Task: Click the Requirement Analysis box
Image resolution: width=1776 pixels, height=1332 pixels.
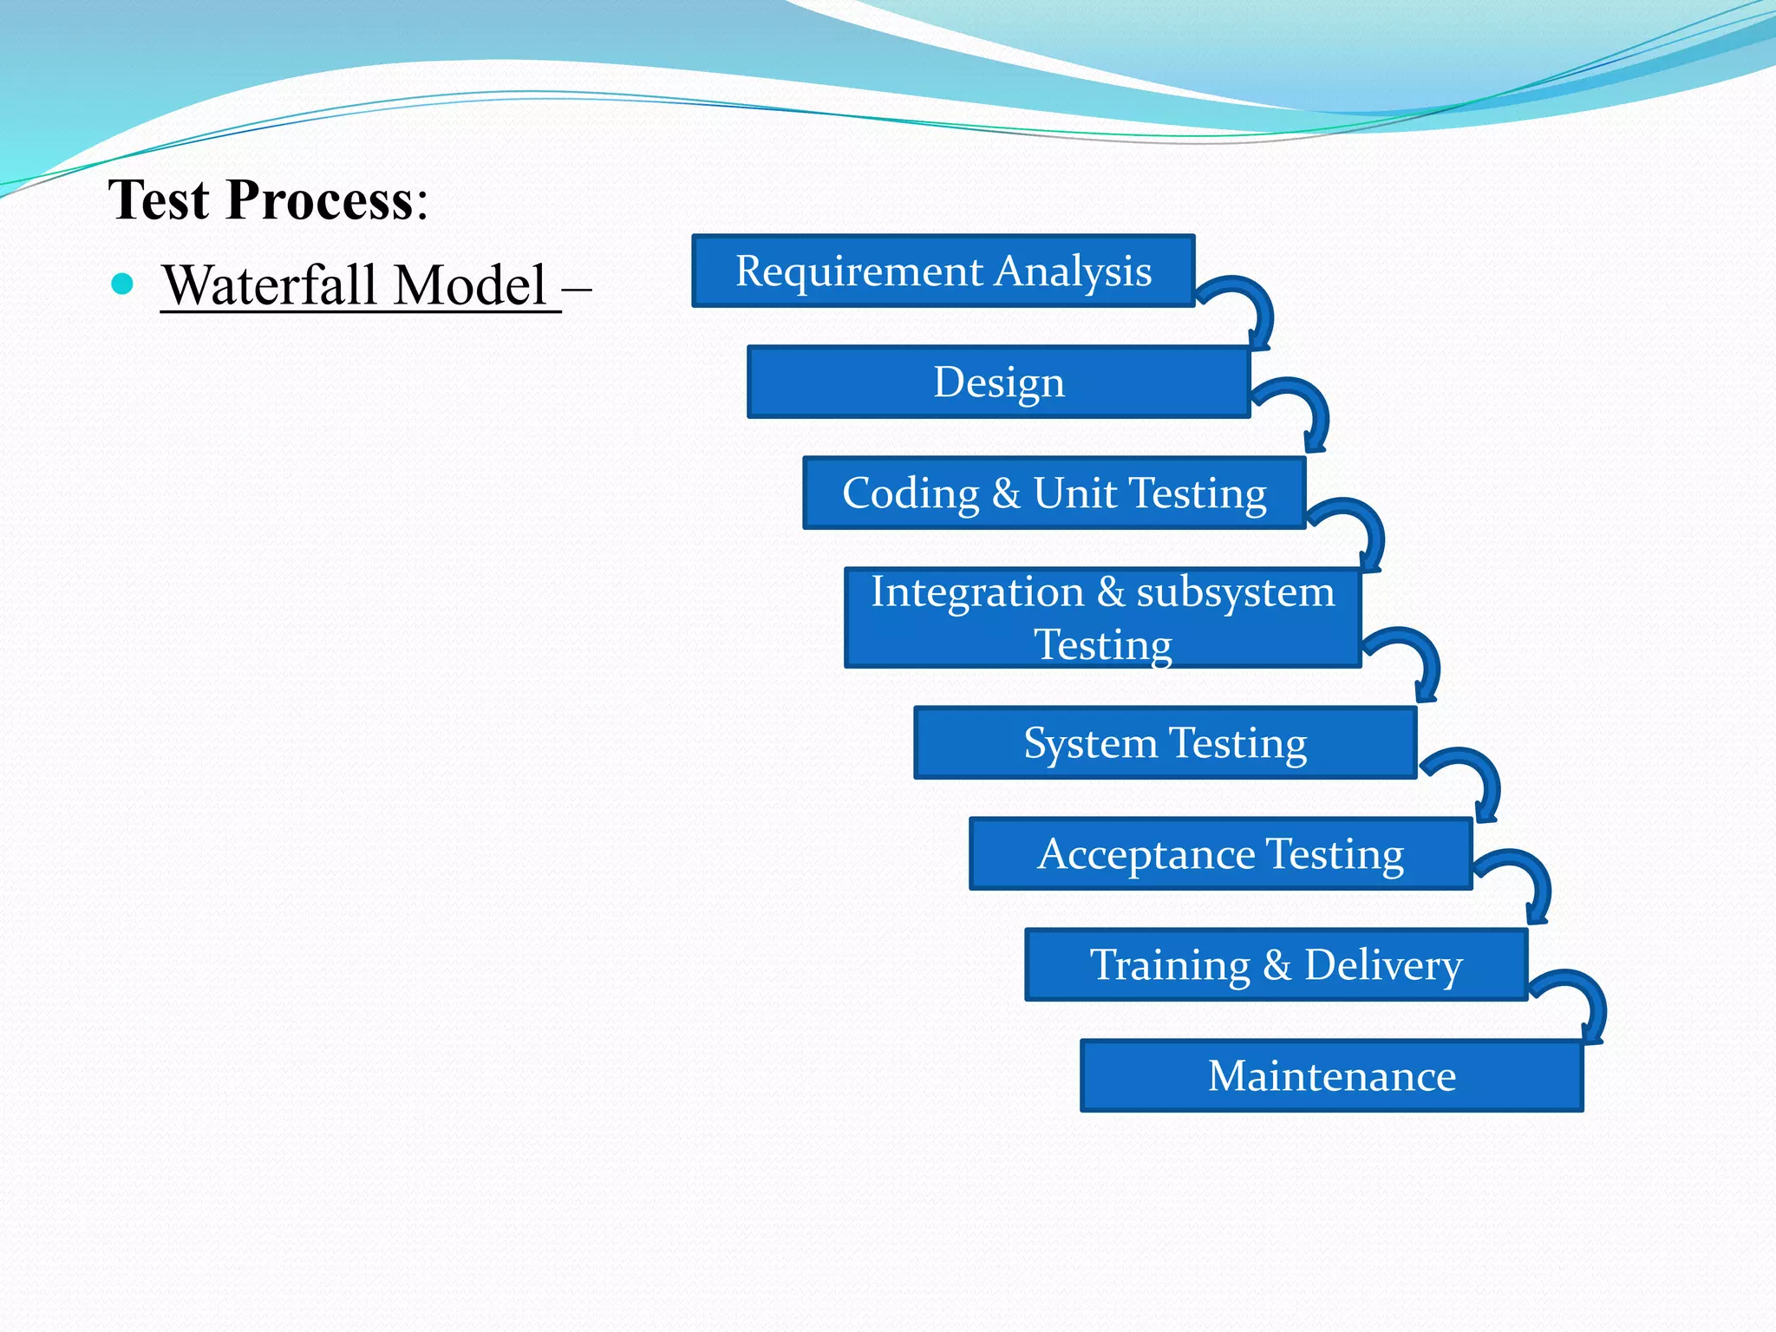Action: (943, 271)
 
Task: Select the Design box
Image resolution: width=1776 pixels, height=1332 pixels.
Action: (998, 382)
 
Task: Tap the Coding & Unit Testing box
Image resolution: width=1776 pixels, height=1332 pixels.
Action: (1054, 493)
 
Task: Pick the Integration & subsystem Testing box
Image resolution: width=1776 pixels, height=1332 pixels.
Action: (1102, 617)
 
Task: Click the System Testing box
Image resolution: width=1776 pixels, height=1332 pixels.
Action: (1165, 742)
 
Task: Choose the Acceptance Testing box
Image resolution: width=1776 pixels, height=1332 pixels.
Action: (1220, 853)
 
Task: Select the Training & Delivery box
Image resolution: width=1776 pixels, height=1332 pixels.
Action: (1276, 964)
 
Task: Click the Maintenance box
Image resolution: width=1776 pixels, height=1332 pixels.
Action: (1331, 1075)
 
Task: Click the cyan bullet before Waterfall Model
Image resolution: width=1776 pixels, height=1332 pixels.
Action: (122, 284)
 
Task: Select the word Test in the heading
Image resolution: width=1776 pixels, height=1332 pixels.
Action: (159, 200)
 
